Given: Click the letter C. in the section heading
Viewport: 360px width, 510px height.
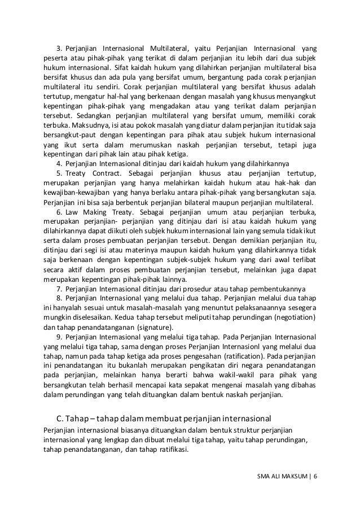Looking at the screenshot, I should click(62, 419).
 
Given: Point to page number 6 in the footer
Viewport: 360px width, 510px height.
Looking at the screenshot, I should click(316, 476).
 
